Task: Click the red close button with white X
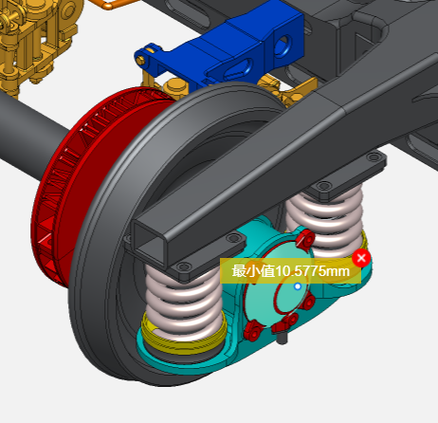click(361, 258)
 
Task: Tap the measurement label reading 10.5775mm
click(290, 271)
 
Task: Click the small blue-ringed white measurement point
click(298, 286)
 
